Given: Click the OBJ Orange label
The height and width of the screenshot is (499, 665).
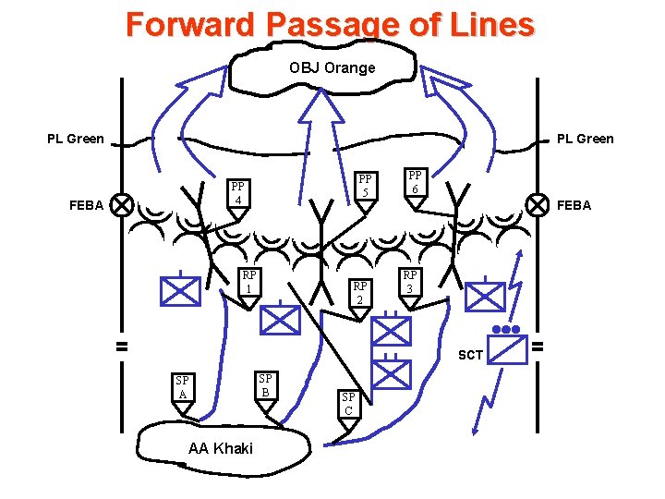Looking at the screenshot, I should pyautogui.click(x=332, y=67).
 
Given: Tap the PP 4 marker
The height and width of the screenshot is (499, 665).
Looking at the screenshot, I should pyautogui.click(x=237, y=194).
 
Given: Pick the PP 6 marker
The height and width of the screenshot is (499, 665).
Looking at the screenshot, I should pyautogui.click(x=416, y=183).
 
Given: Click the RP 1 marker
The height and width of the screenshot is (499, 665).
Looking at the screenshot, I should pyautogui.click(x=248, y=283).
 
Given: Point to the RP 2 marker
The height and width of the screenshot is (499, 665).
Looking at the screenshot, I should pyautogui.click(x=360, y=293).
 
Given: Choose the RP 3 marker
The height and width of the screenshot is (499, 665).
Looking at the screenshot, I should pyautogui.click(x=410, y=282).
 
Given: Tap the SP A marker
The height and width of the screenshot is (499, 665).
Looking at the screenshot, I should pyautogui.click(x=182, y=388).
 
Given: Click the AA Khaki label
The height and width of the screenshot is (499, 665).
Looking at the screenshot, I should pyautogui.click(x=220, y=448).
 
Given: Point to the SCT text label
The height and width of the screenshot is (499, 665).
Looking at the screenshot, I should pyautogui.click(x=470, y=355).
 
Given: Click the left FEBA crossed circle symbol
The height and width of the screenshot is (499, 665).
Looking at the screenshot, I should pyautogui.click(x=120, y=204).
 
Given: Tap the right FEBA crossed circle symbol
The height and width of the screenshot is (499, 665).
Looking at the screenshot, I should pyautogui.click(x=537, y=203).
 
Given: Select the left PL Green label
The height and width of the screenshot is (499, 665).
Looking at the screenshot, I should pyautogui.click(x=76, y=140).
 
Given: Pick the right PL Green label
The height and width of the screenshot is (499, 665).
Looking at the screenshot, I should pyautogui.click(x=585, y=140).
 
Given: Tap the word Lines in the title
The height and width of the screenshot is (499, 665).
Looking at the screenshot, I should pyautogui.click(x=486, y=25).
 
